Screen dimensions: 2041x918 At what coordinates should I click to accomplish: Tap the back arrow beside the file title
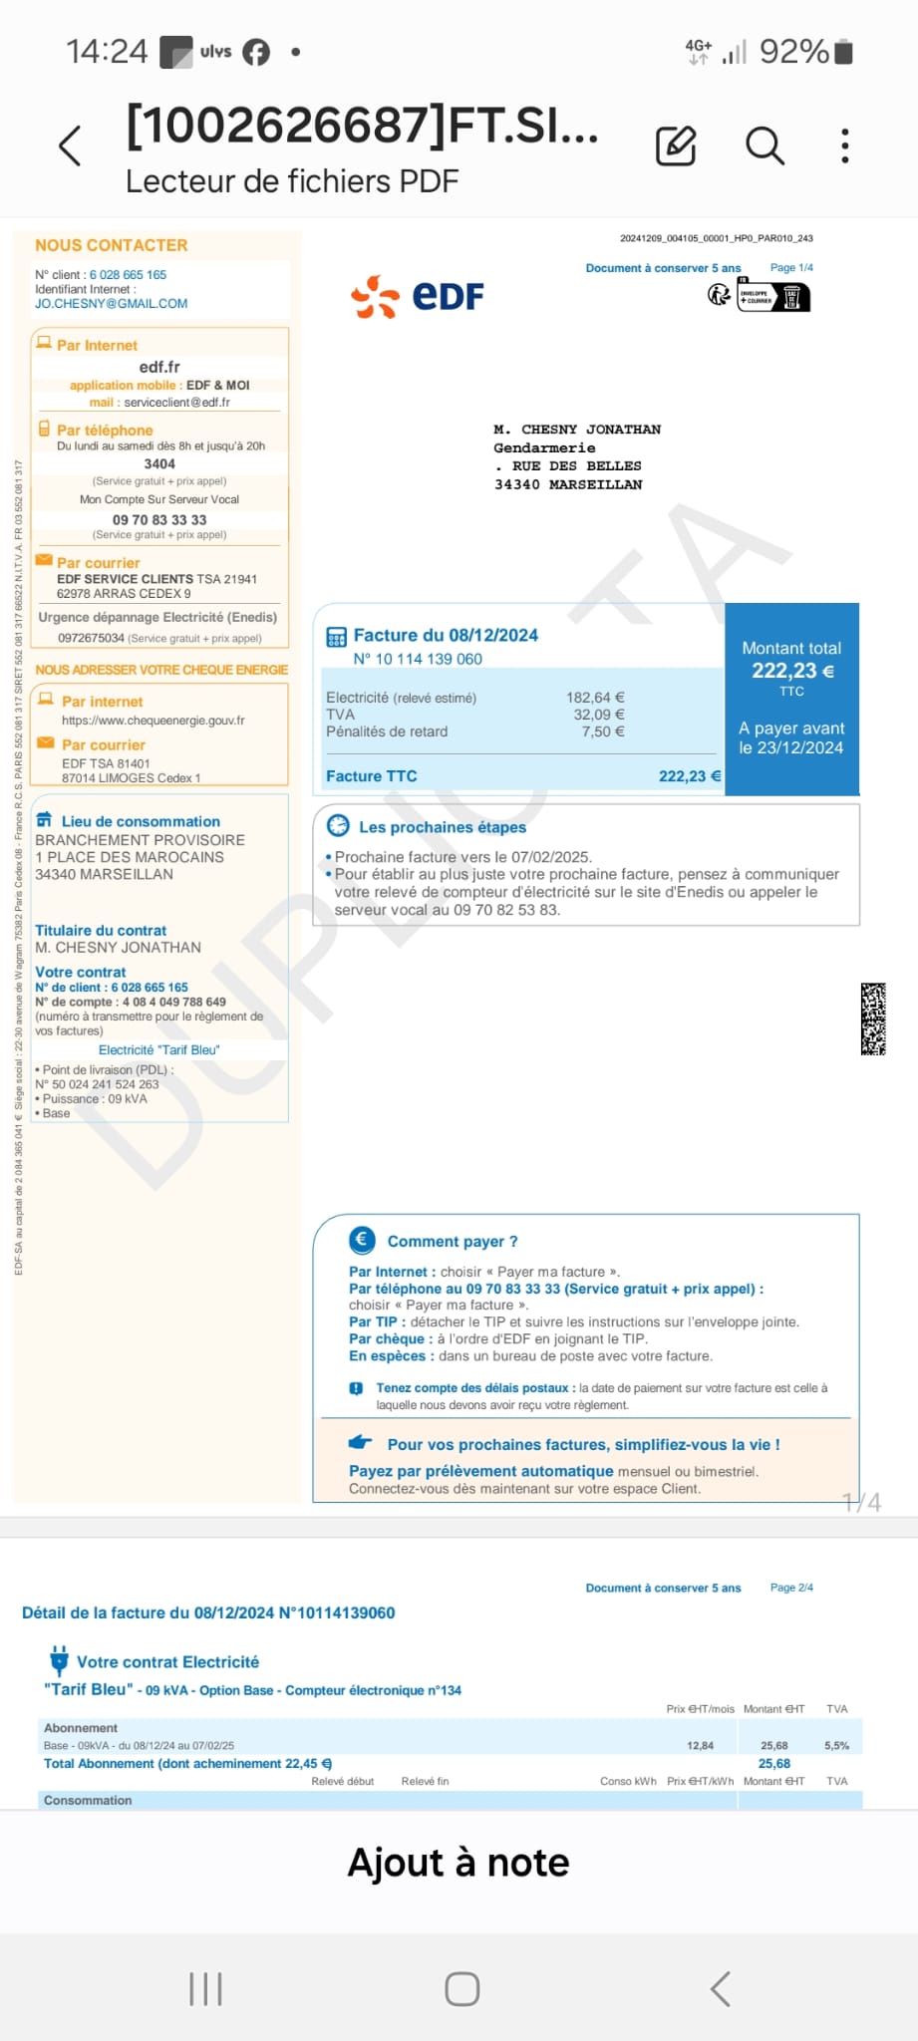(70, 146)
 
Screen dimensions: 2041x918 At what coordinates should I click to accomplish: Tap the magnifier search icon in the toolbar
(765, 146)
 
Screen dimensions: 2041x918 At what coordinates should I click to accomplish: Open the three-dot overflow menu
(844, 146)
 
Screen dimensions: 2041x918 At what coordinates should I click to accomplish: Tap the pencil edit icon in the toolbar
(676, 146)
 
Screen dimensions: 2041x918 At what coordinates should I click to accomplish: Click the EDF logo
(418, 296)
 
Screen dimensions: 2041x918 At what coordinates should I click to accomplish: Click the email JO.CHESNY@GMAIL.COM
(111, 303)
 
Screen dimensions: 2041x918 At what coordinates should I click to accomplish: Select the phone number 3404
(159, 463)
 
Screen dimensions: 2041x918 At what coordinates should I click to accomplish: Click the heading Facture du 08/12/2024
(445, 635)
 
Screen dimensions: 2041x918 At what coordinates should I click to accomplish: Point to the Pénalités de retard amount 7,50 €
(603, 731)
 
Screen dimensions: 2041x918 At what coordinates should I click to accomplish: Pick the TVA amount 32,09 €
(599, 715)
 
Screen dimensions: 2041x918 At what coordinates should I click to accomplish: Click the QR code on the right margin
(873, 1019)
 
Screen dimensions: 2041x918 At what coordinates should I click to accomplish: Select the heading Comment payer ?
(452, 1241)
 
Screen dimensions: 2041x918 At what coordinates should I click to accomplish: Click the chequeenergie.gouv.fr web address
(153, 720)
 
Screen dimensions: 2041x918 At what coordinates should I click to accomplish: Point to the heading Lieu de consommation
(140, 821)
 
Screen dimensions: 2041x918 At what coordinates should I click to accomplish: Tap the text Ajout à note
(459, 1863)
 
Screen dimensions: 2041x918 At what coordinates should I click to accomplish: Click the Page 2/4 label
(791, 1588)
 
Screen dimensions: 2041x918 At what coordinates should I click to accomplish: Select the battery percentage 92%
(793, 52)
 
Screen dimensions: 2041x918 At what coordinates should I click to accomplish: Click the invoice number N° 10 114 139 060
(418, 659)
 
